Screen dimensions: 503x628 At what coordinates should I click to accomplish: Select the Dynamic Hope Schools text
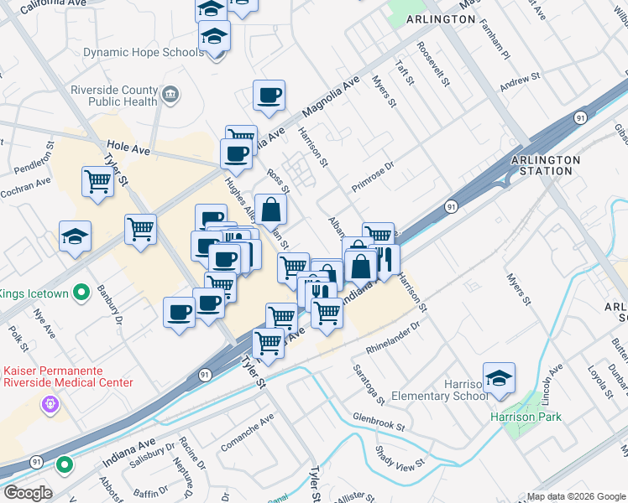pos(143,52)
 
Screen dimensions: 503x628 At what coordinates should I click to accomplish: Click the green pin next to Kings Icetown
pos(81,293)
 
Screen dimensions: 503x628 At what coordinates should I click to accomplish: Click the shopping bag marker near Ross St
pos(271,210)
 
